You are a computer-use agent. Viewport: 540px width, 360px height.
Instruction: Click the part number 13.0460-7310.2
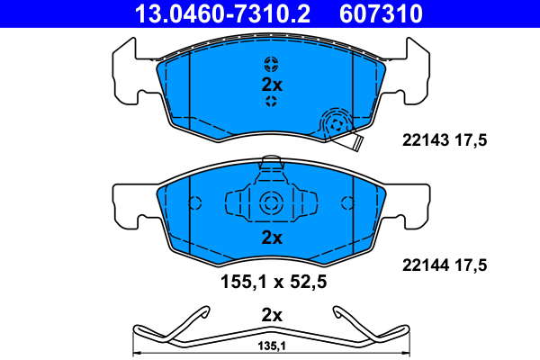[x=223, y=13]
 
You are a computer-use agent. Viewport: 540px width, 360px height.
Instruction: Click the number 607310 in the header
[x=381, y=13]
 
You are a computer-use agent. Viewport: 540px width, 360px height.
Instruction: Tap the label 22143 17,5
[x=445, y=140]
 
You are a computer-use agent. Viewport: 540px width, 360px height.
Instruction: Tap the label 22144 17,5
[x=445, y=265]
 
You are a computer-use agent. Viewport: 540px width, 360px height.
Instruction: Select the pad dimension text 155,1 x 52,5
[x=274, y=282]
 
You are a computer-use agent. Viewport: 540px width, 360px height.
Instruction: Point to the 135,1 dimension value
[x=272, y=346]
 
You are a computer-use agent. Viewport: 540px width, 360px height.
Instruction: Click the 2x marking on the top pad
[x=272, y=85]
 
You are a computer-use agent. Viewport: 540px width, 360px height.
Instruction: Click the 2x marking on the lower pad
[x=272, y=238]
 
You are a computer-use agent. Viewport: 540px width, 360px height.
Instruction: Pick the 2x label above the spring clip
[x=272, y=315]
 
